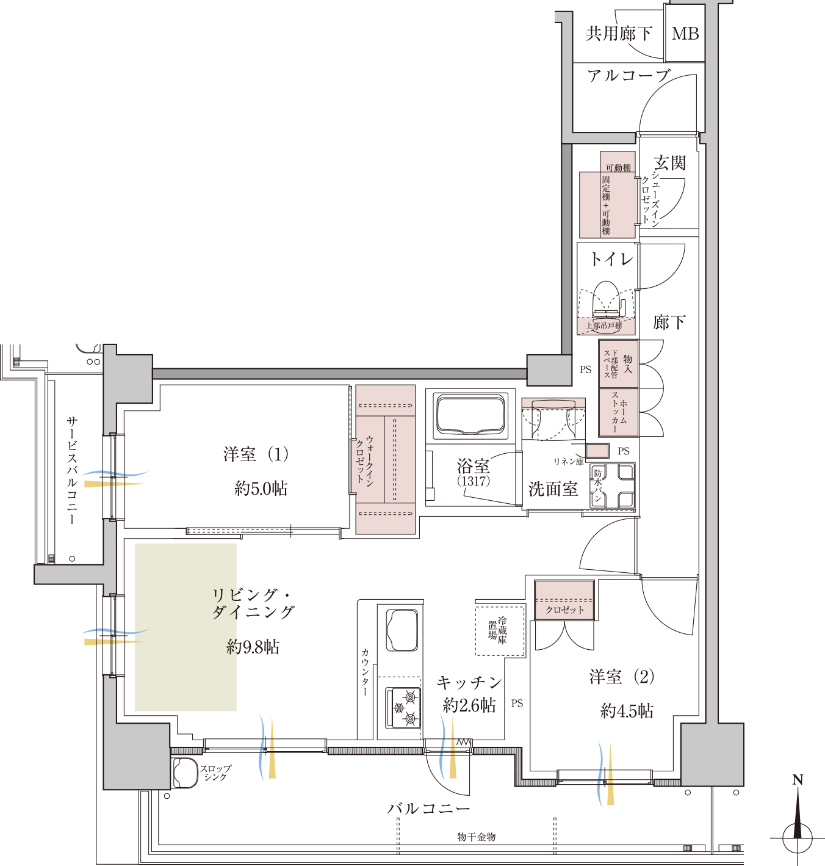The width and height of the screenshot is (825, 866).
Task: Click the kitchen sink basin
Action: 402,630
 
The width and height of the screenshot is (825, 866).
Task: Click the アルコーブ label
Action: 629,76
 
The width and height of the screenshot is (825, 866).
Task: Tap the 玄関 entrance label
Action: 669,162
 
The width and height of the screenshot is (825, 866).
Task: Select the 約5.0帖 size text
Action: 261,489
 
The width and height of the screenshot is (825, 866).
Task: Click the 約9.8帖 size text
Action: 253,647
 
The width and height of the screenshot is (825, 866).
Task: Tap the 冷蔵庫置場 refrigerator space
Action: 500,631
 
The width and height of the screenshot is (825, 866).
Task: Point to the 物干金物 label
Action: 477,837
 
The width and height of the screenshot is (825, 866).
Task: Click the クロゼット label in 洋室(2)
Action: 565,610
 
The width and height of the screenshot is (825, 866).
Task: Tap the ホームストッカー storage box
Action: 619,412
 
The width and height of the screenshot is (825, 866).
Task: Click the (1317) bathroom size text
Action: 474,481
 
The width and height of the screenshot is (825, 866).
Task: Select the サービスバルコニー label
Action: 71,470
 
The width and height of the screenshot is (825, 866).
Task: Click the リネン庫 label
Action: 568,462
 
